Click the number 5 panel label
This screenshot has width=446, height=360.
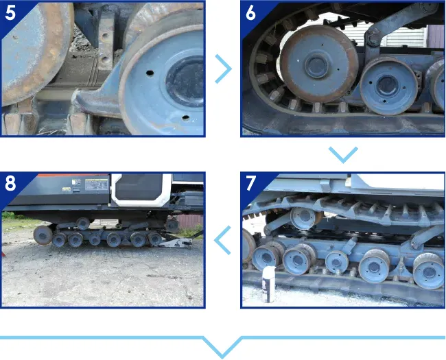click(10, 12)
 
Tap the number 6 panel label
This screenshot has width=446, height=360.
click(250, 12)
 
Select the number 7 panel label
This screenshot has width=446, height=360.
click(250, 183)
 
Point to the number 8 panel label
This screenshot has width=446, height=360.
click(10, 183)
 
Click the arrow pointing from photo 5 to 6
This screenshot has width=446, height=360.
click(224, 69)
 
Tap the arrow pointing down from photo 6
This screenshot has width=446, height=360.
click(343, 154)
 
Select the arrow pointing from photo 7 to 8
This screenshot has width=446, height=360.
click(222, 240)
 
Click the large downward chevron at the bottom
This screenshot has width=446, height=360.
click(222, 347)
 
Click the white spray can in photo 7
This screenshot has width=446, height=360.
click(268, 285)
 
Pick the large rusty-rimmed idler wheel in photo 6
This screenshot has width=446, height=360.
click(318, 64)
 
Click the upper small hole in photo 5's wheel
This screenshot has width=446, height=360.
click(150, 73)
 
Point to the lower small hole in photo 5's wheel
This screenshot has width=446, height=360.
click(186, 117)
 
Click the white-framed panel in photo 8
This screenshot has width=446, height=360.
click(141, 190)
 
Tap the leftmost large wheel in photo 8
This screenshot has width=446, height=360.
click(43, 235)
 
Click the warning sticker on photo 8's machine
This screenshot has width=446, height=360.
click(97, 184)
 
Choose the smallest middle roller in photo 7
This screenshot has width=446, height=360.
click(337, 262)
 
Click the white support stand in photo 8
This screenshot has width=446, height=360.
click(177, 243)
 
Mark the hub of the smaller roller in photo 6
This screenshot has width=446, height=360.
click(387, 86)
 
